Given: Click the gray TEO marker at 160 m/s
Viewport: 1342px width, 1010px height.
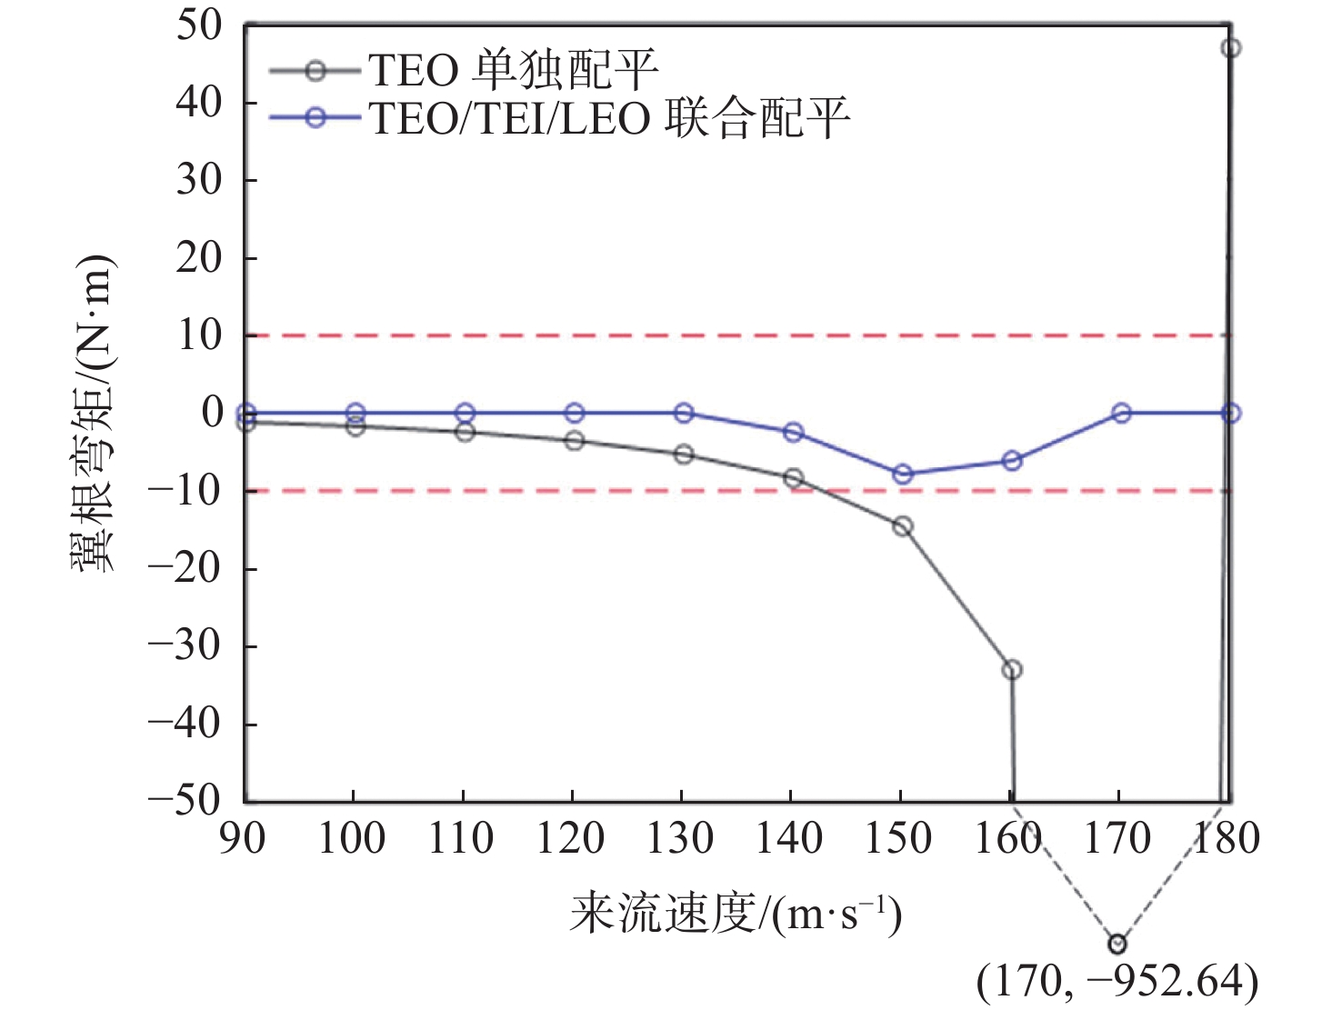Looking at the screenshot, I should click(x=1011, y=670).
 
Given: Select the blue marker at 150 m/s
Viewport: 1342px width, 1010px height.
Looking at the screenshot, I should click(x=903, y=474).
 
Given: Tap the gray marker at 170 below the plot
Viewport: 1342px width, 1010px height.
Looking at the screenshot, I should click(x=1117, y=944).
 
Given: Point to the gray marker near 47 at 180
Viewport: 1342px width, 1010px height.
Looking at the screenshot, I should click(x=1231, y=48).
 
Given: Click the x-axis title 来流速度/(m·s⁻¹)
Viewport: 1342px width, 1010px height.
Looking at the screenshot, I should click(x=736, y=914).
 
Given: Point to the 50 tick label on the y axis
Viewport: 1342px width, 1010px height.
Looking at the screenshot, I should click(x=199, y=25).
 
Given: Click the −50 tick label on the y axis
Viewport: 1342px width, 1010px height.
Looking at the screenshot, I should click(x=185, y=801).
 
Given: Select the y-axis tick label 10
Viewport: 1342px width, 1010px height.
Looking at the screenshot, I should click(x=199, y=335).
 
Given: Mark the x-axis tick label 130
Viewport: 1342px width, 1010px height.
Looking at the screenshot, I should click(x=681, y=838).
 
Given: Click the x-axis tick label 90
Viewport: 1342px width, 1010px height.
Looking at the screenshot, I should click(x=244, y=838).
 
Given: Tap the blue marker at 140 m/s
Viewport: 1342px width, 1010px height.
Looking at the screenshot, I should click(x=793, y=432).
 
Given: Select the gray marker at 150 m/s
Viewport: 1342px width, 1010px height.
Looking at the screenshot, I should click(x=902, y=526).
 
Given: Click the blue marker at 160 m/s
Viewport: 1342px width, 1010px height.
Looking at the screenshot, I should click(x=1012, y=461).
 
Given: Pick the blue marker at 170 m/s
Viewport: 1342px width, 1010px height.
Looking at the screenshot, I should click(x=1121, y=413).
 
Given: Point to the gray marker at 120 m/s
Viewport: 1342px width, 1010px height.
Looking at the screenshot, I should click(x=574, y=441).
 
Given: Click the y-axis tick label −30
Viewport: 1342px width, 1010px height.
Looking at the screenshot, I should click(x=185, y=645).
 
